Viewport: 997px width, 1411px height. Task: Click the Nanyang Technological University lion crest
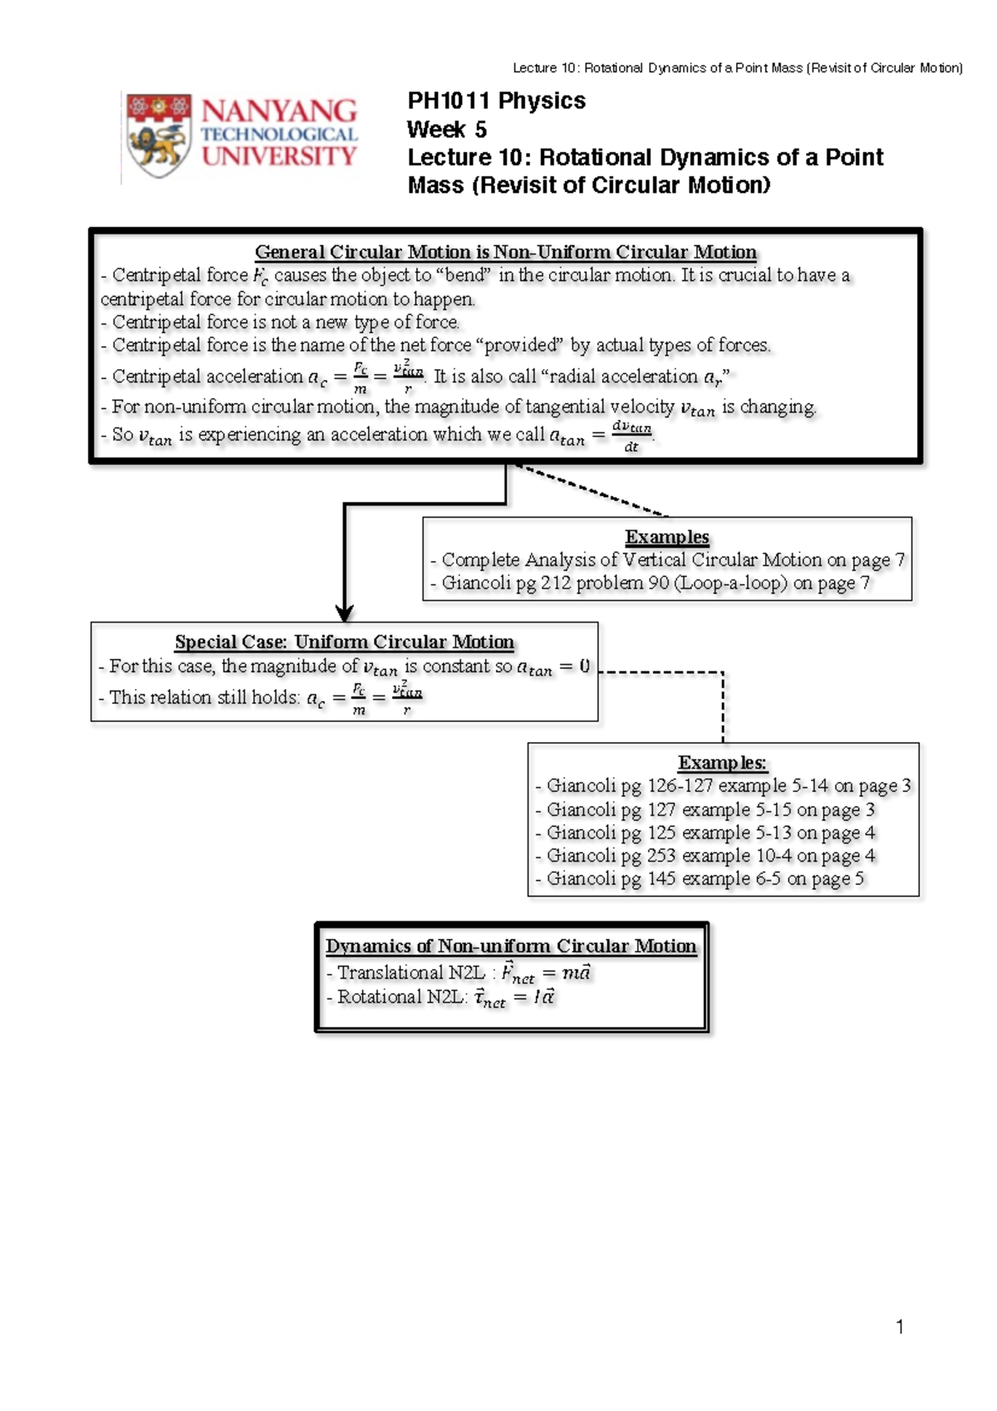[x=159, y=135]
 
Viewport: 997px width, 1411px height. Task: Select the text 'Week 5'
[x=446, y=130]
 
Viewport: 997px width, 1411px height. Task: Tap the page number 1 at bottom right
[x=900, y=1326]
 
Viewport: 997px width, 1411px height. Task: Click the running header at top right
[x=737, y=68]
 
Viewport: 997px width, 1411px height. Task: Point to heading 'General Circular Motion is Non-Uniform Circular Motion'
[x=505, y=252]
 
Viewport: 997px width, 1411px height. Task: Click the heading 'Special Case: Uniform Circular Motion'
[x=344, y=642]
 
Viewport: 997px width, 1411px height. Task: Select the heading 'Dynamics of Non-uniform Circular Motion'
[x=510, y=946]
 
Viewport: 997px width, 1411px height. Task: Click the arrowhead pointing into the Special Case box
[x=345, y=613]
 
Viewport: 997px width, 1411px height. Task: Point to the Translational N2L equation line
[x=459, y=972]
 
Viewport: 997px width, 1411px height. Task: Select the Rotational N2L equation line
[x=441, y=997]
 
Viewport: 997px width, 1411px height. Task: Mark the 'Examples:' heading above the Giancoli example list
[x=722, y=763]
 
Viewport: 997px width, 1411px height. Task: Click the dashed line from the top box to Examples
[x=592, y=491]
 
